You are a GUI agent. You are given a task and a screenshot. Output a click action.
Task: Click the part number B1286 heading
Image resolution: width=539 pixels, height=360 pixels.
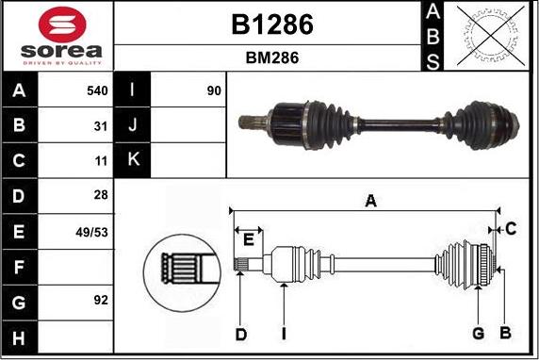click(271, 25)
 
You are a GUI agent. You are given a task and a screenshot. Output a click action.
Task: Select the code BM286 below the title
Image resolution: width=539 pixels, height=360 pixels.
click(271, 57)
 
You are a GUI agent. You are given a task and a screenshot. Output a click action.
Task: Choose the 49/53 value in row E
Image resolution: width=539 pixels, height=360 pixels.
click(93, 230)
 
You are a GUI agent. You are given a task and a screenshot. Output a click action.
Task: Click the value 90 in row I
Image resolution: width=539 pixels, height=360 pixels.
click(214, 91)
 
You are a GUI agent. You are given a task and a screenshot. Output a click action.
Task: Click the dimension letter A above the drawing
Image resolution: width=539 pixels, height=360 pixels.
click(370, 200)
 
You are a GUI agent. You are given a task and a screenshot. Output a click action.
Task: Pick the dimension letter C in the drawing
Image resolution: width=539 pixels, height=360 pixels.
click(510, 228)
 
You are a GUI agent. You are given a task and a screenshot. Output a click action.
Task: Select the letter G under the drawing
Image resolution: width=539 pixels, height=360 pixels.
click(478, 333)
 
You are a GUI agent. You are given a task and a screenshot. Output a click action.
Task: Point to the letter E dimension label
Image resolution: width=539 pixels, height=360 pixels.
click(248, 239)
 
